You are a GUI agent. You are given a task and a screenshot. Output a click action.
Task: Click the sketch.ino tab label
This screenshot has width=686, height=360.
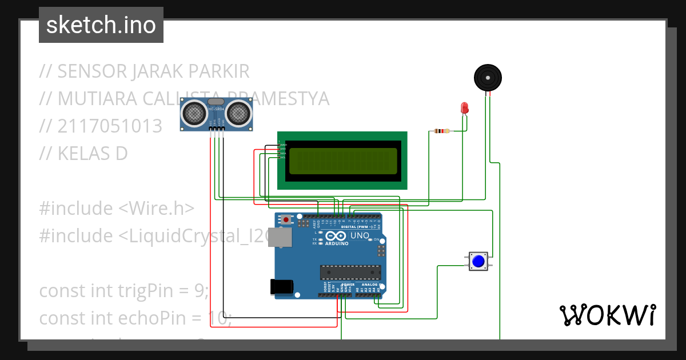point(101,25)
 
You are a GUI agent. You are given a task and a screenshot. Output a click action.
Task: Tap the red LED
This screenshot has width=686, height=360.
point(465,108)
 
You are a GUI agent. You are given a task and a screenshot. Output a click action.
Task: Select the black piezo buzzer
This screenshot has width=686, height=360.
point(488,77)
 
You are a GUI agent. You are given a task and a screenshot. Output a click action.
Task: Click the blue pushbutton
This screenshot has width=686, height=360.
point(478,262)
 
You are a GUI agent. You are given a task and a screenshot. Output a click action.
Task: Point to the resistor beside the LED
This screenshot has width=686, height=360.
point(442,131)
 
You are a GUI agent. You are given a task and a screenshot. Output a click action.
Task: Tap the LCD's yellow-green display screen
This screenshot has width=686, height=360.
point(342,161)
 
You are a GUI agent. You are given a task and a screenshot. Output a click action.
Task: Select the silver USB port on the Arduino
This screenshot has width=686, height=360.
point(282,239)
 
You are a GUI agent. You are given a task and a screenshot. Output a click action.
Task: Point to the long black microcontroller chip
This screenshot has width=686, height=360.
point(350,274)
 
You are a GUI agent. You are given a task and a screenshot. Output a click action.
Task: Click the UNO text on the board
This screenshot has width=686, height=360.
point(360,235)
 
